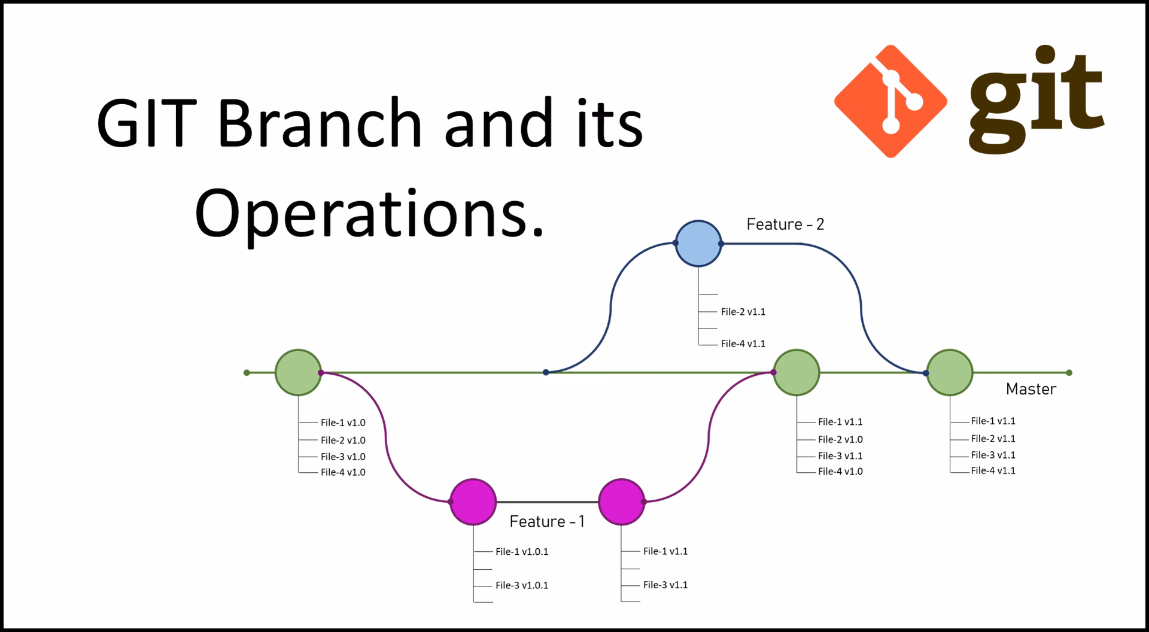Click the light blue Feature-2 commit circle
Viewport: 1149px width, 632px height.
(698, 244)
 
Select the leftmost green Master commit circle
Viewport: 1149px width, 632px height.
(298, 372)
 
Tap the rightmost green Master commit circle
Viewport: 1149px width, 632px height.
(950, 372)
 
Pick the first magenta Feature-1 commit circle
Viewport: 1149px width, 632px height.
(473, 502)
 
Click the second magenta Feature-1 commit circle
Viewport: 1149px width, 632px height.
(622, 502)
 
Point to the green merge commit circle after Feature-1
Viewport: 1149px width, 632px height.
(796, 372)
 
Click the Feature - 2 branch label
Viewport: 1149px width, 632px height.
(785, 224)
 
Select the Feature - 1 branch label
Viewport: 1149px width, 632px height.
(547, 521)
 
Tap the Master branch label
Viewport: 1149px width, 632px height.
(1031, 389)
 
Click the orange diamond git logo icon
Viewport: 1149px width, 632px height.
(890, 101)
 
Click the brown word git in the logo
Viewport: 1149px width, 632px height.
(1036, 99)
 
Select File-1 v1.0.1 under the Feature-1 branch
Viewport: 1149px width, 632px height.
(522, 552)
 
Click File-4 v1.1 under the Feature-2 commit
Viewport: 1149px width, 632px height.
(743, 344)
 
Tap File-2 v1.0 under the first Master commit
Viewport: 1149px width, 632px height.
(343, 440)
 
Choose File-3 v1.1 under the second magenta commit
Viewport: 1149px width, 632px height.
(665, 585)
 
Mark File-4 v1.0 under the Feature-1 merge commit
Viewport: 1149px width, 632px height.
(840, 472)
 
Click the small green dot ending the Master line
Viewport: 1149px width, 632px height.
(1069, 373)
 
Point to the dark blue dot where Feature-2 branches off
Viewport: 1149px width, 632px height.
(546, 372)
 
